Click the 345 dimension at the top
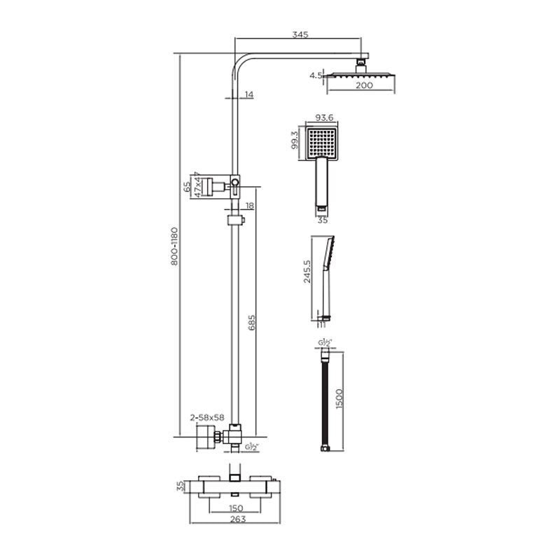(x=301, y=34)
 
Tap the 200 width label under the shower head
(x=362, y=85)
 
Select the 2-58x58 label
(x=206, y=416)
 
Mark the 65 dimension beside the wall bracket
(x=187, y=185)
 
